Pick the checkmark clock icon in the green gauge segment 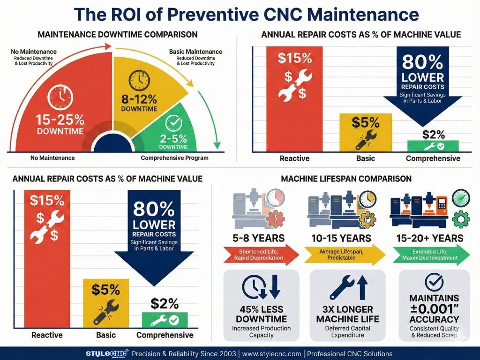pyautogui.click(x=173, y=123)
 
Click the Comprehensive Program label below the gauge pyautogui.click(x=174, y=158)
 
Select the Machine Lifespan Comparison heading pyautogui.click(x=346, y=179)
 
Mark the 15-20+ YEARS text pyautogui.click(x=429, y=238)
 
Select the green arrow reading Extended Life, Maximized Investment pyautogui.click(x=429, y=255)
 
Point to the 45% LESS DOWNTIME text pyautogui.click(x=262, y=314)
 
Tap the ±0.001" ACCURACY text pyautogui.click(x=434, y=314)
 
